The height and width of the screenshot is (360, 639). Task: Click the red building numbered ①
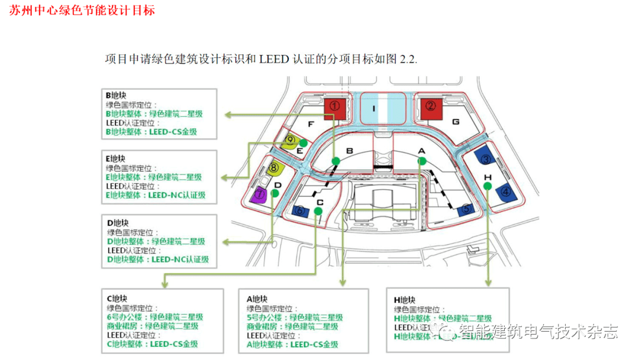coord(334,108)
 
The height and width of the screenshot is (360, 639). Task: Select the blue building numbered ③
coord(485,159)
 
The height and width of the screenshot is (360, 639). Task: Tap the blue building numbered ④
coord(506,191)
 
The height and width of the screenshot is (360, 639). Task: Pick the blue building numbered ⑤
coord(466,208)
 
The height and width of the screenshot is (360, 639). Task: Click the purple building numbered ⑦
coord(259,193)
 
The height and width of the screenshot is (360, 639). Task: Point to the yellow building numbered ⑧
coord(274,168)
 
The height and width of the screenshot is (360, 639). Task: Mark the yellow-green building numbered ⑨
coord(290,142)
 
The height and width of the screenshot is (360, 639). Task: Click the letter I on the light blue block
coord(374,108)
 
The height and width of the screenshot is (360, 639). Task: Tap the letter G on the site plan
coord(455,122)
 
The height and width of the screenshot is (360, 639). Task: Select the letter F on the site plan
coord(310,123)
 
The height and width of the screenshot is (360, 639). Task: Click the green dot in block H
coord(488,186)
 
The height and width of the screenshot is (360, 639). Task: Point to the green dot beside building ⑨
coord(304,143)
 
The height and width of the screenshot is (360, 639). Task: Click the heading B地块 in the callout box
coord(118,95)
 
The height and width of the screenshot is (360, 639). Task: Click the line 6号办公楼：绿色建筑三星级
coord(155,317)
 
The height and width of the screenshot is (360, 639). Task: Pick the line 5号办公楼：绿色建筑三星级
coord(295,317)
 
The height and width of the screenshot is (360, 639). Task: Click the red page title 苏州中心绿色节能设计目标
coord(82,10)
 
